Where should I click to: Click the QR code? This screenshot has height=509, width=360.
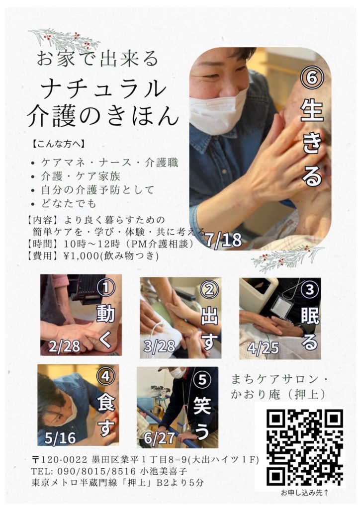pyautogui.click(x=305, y=447)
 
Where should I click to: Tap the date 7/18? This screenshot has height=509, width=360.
pyautogui.click(x=224, y=240)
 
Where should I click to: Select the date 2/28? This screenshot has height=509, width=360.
pyautogui.click(x=64, y=346)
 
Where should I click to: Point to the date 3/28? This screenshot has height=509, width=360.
pyautogui.click(x=160, y=346)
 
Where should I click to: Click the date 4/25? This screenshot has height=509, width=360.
pyautogui.click(x=263, y=347)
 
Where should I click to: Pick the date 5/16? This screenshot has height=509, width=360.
pyautogui.click(x=60, y=438)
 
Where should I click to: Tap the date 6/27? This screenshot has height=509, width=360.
pyautogui.click(x=160, y=438)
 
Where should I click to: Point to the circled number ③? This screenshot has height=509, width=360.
pyautogui.click(x=309, y=289)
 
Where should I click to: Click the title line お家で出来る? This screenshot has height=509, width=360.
pyautogui.click(x=97, y=59)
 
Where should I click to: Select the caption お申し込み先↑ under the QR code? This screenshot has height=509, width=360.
pyautogui.click(x=304, y=493)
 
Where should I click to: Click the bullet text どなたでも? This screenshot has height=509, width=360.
pyautogui.click(x=69, y=203)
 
